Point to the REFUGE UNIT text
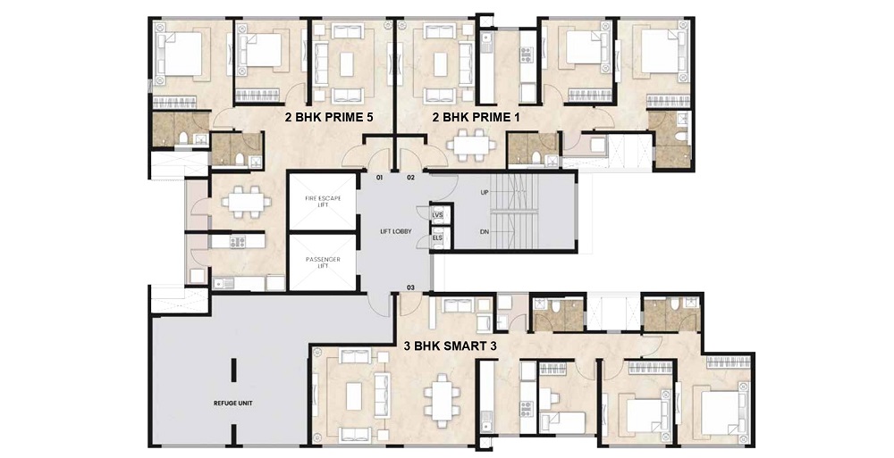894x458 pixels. click(233, 404)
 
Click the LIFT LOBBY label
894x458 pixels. click(396, 232)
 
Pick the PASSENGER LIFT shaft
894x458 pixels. click(323, 262)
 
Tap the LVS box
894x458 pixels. click(438, 215)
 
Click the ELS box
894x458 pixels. click(438, 237)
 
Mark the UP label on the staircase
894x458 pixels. click(484, 193)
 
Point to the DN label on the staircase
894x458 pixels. click(484, 232)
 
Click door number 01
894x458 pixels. click(379, 178)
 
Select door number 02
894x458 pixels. click(410, 178)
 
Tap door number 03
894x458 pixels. click(410, 287)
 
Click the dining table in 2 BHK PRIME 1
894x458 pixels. click(472, 145)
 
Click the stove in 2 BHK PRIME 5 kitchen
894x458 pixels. click(237, 242)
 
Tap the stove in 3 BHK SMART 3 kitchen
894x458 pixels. click(527, 408)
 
